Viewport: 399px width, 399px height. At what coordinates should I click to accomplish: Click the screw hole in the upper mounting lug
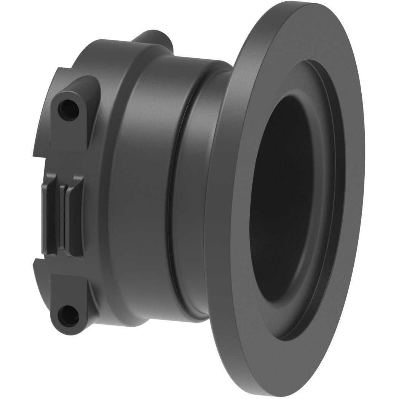tap(68, 110)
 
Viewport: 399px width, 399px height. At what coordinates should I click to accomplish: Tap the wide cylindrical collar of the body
tap(137, 190)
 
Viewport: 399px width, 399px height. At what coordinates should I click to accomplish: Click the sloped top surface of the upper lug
tap(82, 86)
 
